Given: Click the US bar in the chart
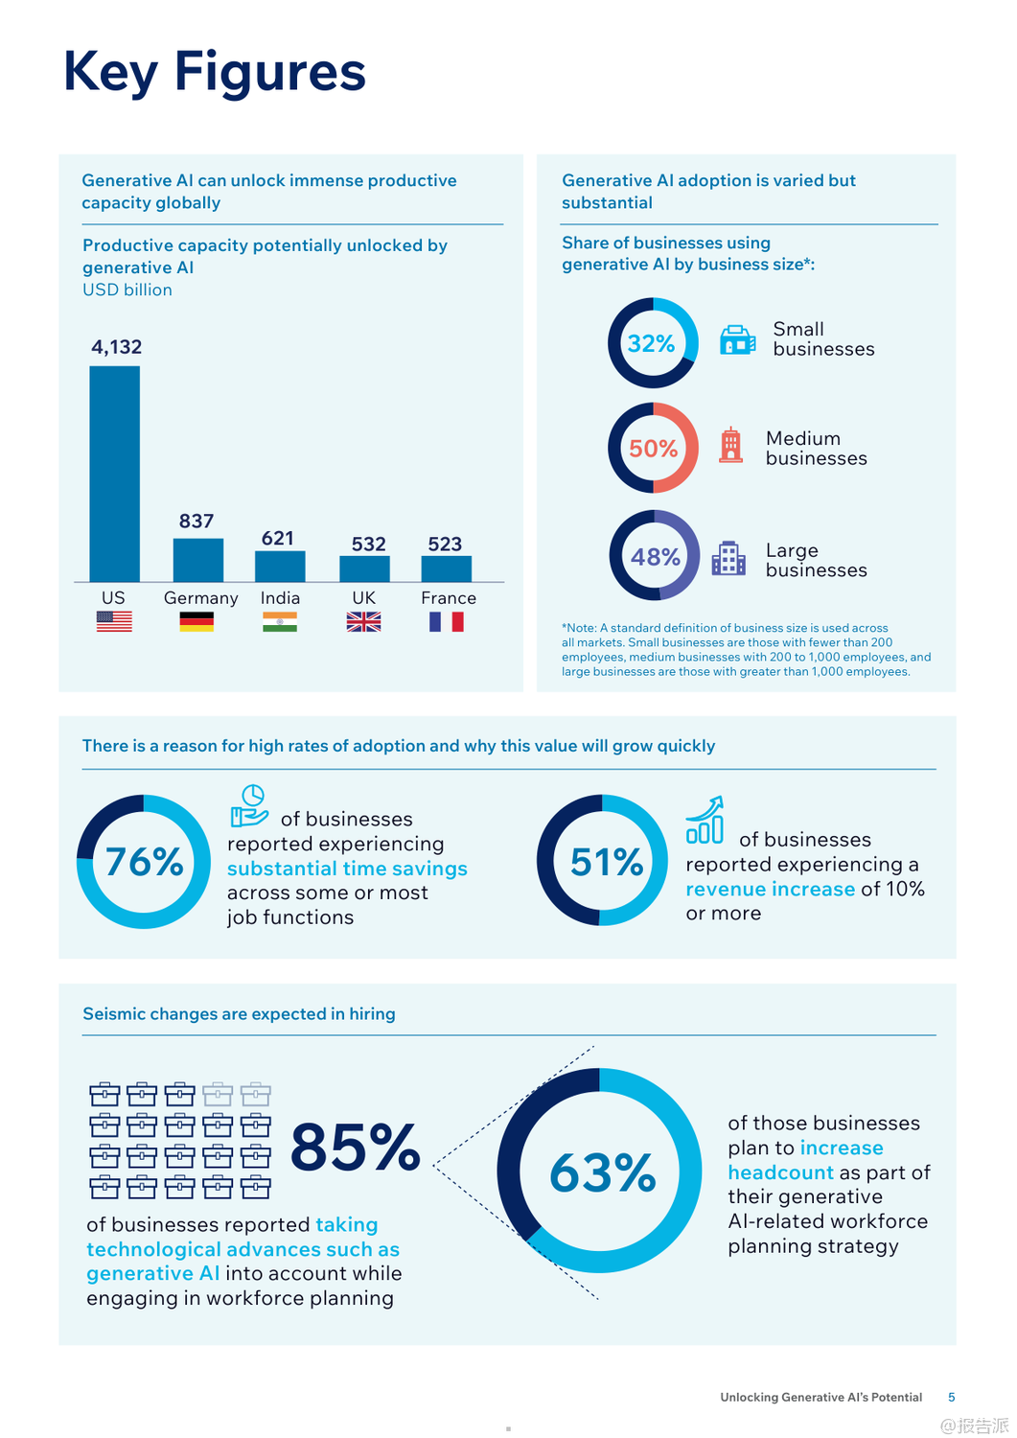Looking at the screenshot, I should tap(114, 474).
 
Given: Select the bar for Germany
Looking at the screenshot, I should tap(197, 560).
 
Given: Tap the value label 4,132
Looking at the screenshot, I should tap(116, 347).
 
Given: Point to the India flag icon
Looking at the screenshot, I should tap(280, 622).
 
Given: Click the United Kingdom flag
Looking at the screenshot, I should tap(363, 622).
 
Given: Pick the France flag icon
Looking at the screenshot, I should tap(447, 622).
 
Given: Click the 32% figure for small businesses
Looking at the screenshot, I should tap(652, 343).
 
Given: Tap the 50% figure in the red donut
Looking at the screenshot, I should tap(654, 449).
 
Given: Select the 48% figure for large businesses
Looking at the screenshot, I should tap(656, 557).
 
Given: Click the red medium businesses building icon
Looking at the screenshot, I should tap(731, 446).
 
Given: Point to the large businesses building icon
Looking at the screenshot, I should tap(728, 558).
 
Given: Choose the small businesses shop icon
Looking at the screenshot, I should tap(737, 340).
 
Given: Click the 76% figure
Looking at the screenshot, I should tap(144, 862).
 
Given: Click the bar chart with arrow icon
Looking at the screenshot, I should tap(705, 821).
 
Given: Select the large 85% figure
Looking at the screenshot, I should tap(356, 1148).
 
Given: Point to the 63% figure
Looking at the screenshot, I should tap(602, 1172).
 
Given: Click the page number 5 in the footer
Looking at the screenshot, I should tap(951, 1397).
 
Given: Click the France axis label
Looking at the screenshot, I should tap(449, 598).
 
